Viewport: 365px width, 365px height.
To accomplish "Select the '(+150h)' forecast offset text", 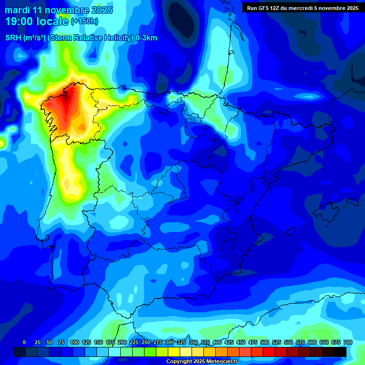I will tap(84, 21).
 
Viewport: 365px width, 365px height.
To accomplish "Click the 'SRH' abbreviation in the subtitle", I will tap(13, 38).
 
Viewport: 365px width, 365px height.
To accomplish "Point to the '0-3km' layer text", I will tap(146, 38).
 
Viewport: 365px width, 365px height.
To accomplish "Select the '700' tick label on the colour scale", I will tap(347, 342).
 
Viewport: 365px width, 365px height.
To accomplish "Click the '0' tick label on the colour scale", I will tap(24, 342).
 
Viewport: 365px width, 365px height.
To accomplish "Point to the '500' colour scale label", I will tap(252, 342).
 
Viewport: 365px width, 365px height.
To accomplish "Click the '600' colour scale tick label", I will tap(300, 342).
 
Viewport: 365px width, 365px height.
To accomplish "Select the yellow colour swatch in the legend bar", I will tap(174, 352).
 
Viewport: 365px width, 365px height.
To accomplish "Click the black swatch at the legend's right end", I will tap(340, 352).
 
